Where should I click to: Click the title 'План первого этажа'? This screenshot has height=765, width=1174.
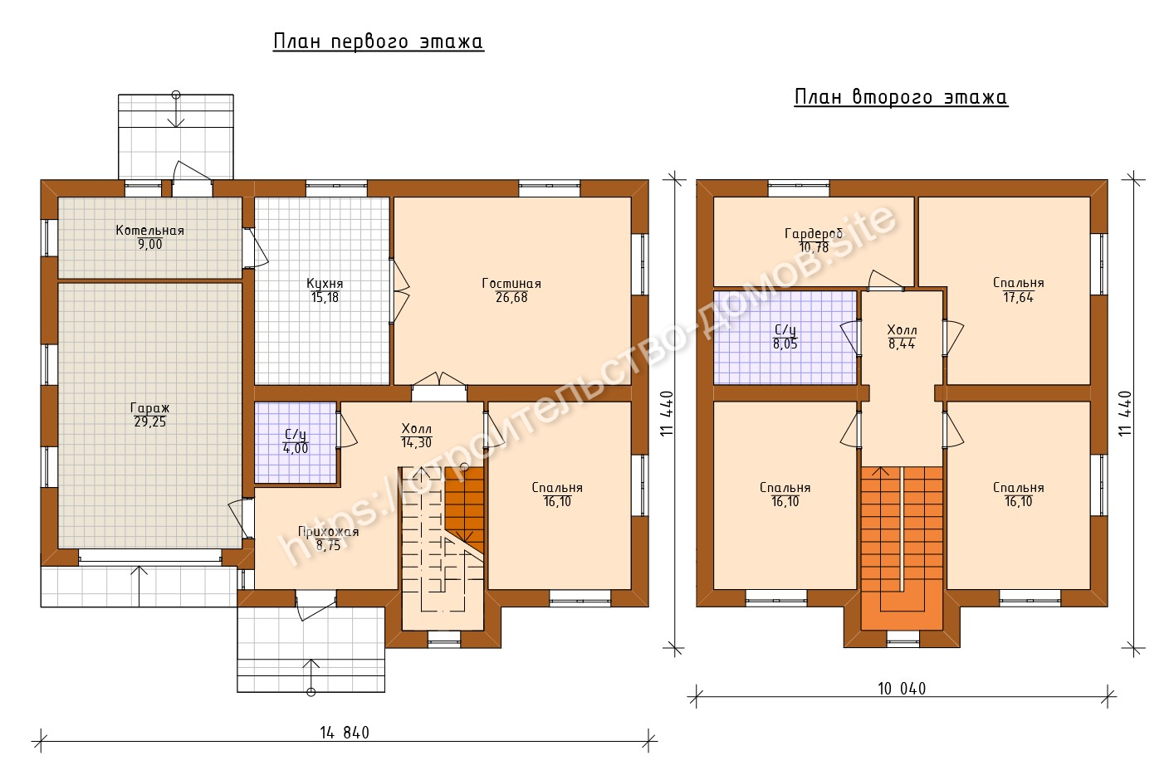[x=379, y=41]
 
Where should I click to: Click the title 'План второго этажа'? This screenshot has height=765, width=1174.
[x=901, y=97]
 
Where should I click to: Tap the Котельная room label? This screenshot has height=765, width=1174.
[x=150, y=231]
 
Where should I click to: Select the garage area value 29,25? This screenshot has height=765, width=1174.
[x=150, y=422]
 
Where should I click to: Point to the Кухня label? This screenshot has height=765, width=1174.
[x=325, y=284]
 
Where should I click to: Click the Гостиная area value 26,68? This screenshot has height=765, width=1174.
[x=511, y=298]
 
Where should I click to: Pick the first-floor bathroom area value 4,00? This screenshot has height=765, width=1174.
[x=296, y=448]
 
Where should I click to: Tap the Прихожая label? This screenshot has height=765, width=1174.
[x=328, y=532]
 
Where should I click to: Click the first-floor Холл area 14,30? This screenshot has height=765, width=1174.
[x=417, y=443]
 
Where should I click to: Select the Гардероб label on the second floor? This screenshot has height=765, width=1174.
[x=814, y=233]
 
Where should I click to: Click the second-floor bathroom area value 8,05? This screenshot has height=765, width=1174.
[x=785, y=344]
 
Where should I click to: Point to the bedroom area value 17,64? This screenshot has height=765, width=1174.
[x=1019, y=298]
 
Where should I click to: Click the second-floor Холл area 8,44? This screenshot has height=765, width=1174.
[x=902, y=344]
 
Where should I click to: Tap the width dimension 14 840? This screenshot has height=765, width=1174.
[x=345, y=733]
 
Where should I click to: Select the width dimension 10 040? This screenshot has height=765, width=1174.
[x=902, y=689]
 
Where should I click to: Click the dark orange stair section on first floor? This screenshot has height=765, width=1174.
[x=464, y=502]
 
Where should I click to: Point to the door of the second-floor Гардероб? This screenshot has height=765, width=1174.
[x=886, y=280]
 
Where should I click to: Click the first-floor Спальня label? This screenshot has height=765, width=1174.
[x=557, y=488]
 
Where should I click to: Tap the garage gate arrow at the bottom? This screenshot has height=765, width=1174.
[x=139, y=587]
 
